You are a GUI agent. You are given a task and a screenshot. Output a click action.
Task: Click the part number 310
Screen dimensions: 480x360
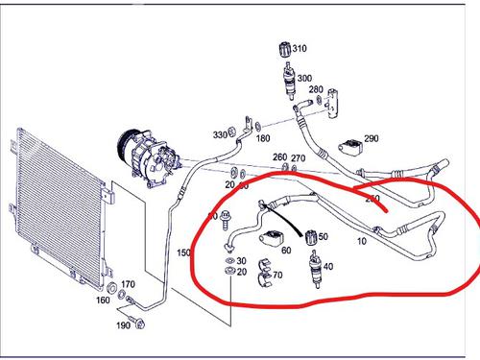click(300, 48)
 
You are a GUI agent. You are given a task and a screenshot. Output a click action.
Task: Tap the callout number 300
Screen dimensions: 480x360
click(304, 79)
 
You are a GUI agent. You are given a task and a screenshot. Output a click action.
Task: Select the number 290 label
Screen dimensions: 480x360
click(371, 139)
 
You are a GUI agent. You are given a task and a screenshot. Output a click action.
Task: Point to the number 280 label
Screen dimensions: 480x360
click(316, 89)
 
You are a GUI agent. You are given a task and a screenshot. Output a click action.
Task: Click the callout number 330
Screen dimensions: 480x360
click(220, 134)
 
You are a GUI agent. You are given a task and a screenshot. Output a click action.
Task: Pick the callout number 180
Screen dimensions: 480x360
click(263, 139)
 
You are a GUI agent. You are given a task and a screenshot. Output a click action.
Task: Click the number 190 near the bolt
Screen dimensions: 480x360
click(124, 326)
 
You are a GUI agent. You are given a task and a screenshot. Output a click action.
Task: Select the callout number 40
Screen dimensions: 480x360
click(328, 266)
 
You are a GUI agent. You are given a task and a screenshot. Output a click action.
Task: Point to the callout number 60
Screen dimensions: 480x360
click(286, 251)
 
